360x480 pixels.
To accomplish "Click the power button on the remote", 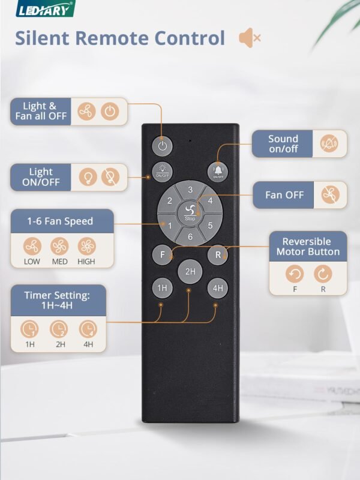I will [x=162, y=145].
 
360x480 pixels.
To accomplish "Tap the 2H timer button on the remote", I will [x=190, y=272].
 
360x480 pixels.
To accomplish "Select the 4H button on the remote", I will [x=217, y=288].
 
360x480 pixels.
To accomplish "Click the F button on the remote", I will [x=162, y=254].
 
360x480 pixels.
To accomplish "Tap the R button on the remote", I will [x=217, y=254].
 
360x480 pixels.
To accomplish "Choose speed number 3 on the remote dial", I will [x=190, y=190].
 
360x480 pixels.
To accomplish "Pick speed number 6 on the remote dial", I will [x=190, y=237].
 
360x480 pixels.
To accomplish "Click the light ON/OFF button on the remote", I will [x=162, y=170].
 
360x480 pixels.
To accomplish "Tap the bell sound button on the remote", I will [x=217, y=172].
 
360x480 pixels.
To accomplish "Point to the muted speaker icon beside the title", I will [x=249, y=38].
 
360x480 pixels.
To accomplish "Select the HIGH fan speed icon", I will [x=86, y=247].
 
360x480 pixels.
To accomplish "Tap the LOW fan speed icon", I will [x=32, y=247].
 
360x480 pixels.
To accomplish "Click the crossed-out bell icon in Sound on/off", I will [x=328, y=144].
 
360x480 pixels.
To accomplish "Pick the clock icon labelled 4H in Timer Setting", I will [x=88, y=329].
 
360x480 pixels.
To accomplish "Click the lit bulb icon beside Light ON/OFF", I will [x=88, y=177].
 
